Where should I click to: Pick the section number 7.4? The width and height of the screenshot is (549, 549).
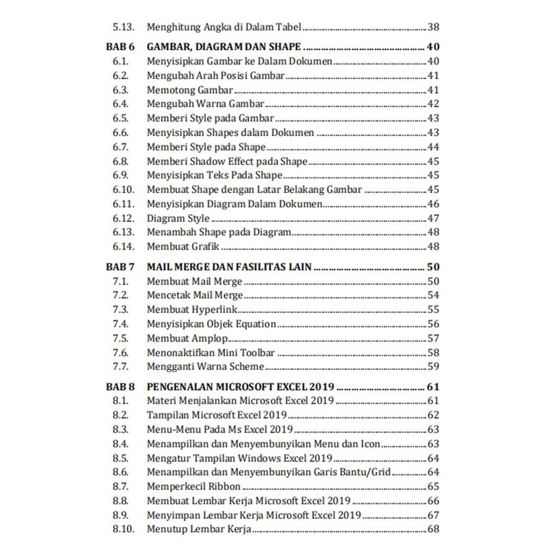(x=121, y=324)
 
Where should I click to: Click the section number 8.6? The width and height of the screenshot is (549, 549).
(x=121, y=472)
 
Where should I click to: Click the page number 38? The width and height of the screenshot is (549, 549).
(x=433, y=27)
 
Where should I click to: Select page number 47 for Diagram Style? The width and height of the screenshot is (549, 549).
(x=433, y=218)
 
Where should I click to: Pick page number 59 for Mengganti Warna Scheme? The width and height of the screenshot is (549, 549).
(x=433, y=366)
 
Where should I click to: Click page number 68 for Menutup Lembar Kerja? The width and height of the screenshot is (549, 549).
(x=433, y=529)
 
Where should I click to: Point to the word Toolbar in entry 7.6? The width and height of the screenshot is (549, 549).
(x=256, y=353)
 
